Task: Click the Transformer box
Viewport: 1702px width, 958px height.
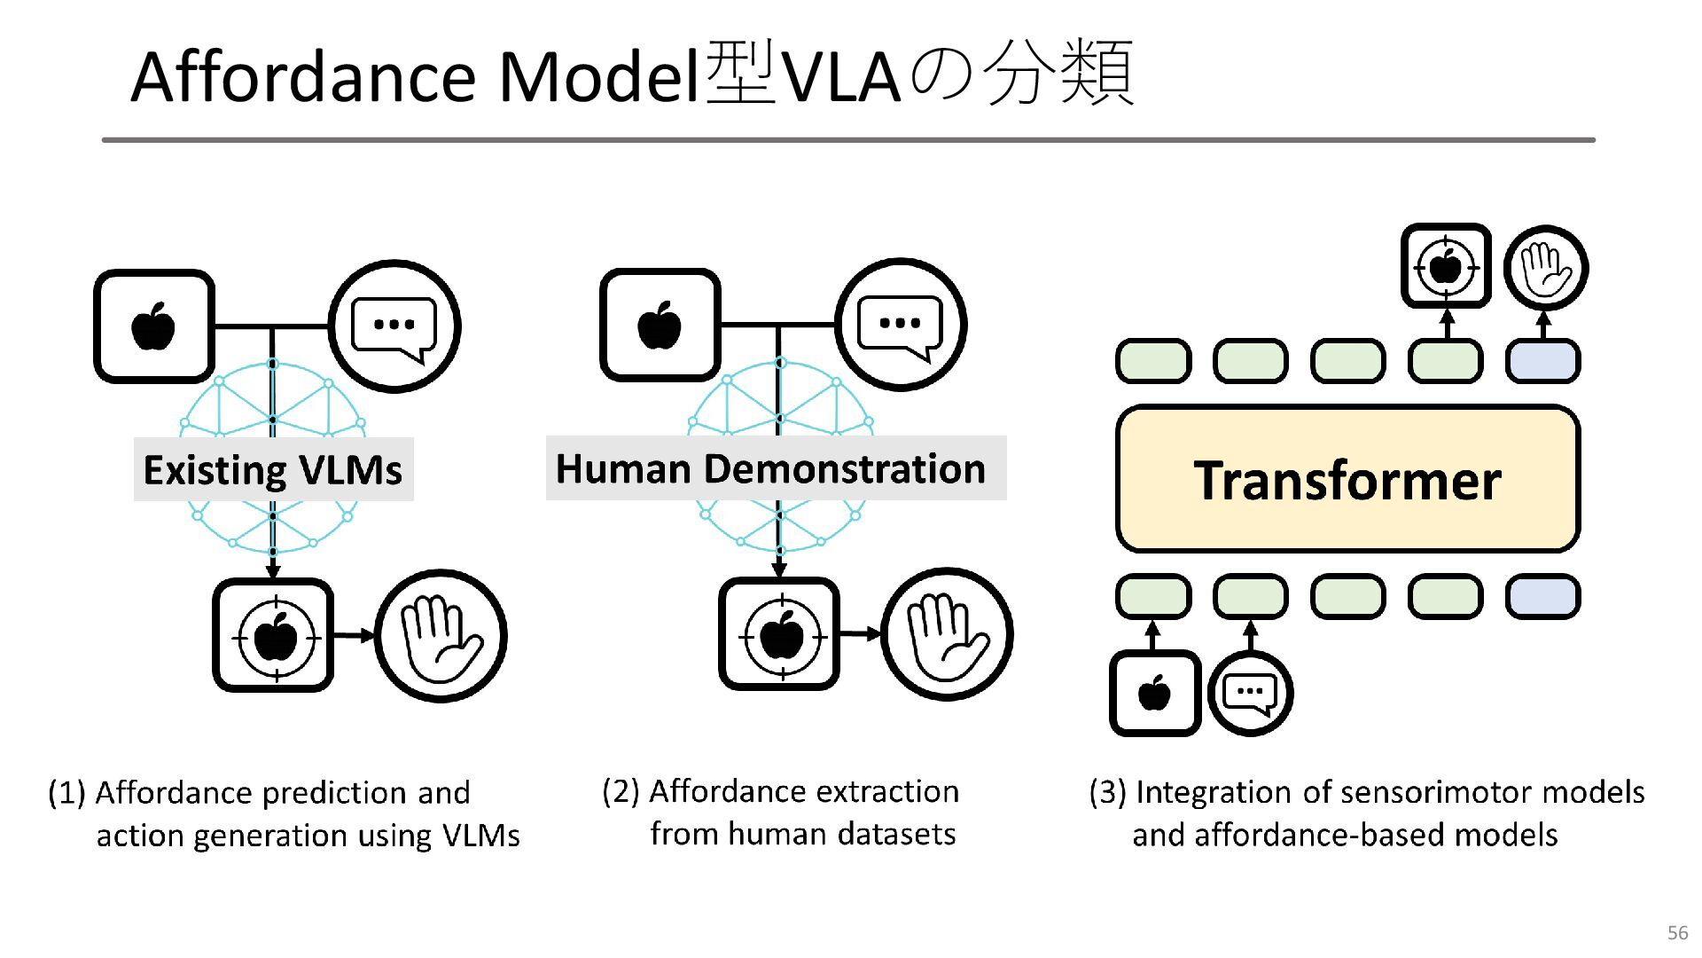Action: [x=1347, y=479]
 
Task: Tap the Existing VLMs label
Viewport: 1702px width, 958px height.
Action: [x=273, y=469]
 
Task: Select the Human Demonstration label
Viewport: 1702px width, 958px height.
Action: [x=776, y=467]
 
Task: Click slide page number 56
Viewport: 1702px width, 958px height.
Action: [x=1677, y=932]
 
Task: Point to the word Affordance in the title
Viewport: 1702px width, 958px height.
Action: [x=307, y=76]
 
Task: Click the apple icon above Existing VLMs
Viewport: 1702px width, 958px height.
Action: [x=154, y=326]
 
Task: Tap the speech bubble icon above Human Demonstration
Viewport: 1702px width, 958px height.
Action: [x=901, y=325]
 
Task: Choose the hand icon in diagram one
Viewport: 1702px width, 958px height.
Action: [x=441, y=635]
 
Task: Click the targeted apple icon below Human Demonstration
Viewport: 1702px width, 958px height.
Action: [x=780, y=634]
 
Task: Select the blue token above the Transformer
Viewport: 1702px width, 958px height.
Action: [x=1542, y=361]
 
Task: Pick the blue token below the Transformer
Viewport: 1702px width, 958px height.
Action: [x=1542, y=596]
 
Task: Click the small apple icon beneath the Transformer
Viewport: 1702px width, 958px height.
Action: [x=1155, y=693]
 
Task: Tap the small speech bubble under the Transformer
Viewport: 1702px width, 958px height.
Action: [x=1250, y=693]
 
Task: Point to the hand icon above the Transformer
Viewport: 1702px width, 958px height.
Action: [x=1546, y=267]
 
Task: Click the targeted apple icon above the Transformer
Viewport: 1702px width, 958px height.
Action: [x=1446, y=265]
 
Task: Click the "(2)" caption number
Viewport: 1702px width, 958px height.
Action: [x=621, y=790]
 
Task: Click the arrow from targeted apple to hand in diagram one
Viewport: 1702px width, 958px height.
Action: [x=355, y=635]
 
